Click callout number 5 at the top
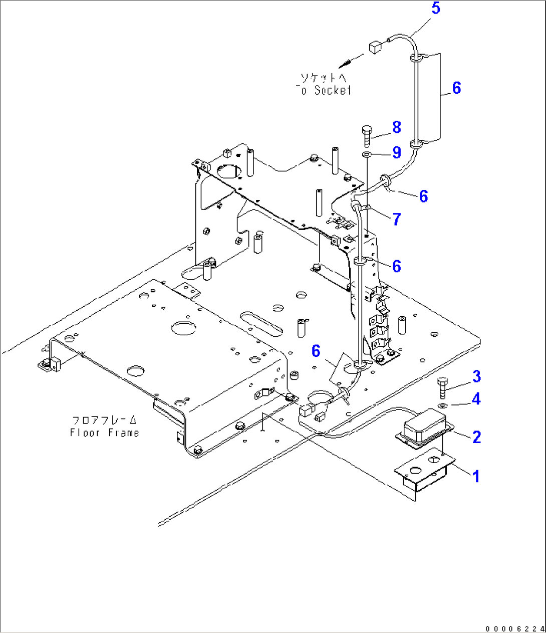pos(435,9)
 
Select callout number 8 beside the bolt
pos(396,127)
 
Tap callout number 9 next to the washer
pos(396,152)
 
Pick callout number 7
pos(396,219)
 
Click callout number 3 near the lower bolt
pos(475,376)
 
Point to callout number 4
pos(475,399)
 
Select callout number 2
pos(476,437)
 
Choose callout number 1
pos(476,476)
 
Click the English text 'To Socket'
pos(324,90)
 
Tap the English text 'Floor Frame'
pos(105,433)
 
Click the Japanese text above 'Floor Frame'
pos(105,420)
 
